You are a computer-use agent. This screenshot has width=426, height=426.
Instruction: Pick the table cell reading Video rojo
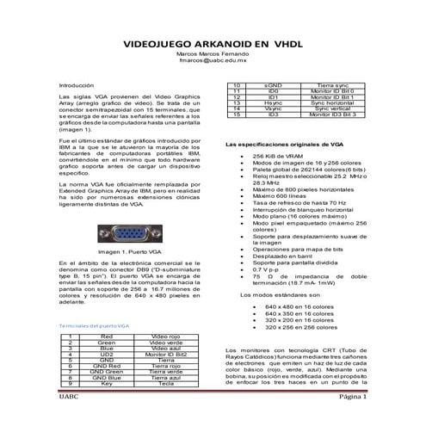[164, 336]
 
